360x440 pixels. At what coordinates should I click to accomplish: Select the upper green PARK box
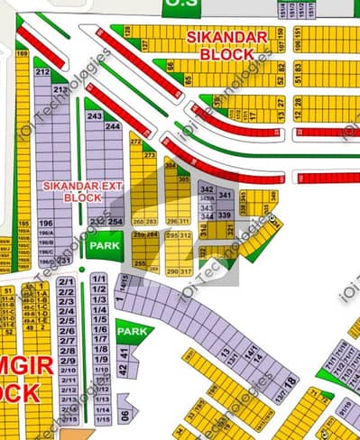(x=98, y=244)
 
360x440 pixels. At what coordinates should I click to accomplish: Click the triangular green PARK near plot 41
(x=133, y=332)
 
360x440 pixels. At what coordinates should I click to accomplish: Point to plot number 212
(x=42, y=71)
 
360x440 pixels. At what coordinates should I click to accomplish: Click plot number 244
(x=113, y=126)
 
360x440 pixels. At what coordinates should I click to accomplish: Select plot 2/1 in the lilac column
(x=65, y=281)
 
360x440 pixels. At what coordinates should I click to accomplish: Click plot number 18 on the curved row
(x=290, y=382)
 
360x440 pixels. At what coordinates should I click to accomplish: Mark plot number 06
(x=125, y=415)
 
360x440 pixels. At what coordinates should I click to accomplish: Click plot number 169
(x=22, y=54)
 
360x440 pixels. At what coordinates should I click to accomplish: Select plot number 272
(x=136, y=142)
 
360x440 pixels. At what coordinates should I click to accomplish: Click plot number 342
(x=207, y=188)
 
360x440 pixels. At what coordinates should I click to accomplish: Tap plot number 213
(x=59, y=89)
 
